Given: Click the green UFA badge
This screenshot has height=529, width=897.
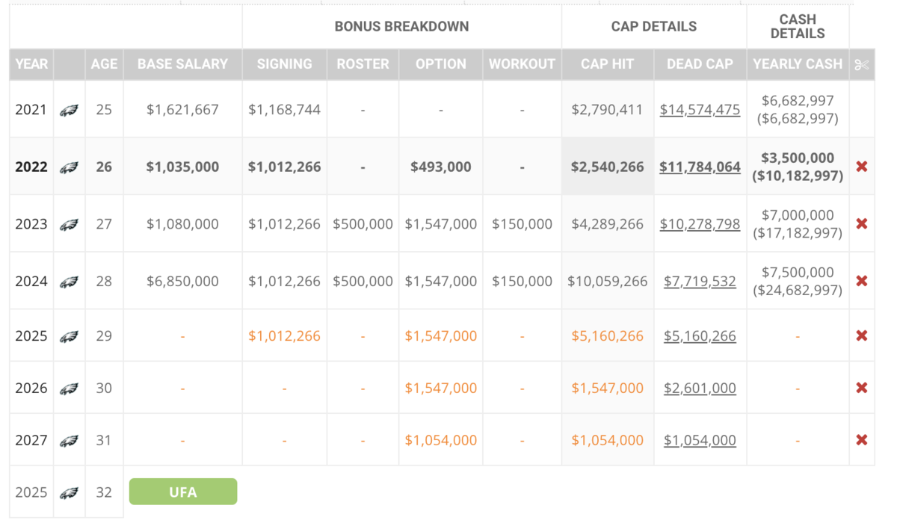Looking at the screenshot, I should [183, 492].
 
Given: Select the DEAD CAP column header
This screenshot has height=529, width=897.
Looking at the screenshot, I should [700, 64].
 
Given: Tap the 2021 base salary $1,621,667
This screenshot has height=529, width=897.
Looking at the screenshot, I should [182, 110].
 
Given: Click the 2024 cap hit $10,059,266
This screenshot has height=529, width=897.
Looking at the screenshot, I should [607, 281].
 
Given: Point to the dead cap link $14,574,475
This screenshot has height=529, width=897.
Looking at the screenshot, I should [700, 110].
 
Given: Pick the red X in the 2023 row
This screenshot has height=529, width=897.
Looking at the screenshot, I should [862, 223].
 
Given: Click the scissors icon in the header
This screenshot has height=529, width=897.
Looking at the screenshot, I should [862, 65].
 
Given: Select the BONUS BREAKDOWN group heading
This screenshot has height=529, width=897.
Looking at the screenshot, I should [401, 26].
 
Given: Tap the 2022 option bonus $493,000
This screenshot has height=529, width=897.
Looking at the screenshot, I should [441, 167].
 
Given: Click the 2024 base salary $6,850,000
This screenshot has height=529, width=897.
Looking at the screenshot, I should [182, 281].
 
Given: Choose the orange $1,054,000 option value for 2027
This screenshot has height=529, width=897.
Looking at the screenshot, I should [441, 440].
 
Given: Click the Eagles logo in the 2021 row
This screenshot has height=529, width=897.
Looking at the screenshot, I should [69, 110].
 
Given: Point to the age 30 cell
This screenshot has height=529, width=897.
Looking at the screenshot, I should [104, 388].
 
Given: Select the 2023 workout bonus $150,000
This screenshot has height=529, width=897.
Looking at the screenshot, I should [522, 223].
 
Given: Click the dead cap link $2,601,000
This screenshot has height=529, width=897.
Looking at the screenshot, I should [700, 388].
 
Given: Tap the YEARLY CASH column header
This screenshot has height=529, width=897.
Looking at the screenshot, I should [798, 64].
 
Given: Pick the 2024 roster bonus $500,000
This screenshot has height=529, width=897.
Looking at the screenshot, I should [363, 281].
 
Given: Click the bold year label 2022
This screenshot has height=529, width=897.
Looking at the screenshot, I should [31, 167].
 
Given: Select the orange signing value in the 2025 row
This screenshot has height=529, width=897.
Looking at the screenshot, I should [284, 335].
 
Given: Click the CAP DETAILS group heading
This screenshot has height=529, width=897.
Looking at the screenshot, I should [654, 26].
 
